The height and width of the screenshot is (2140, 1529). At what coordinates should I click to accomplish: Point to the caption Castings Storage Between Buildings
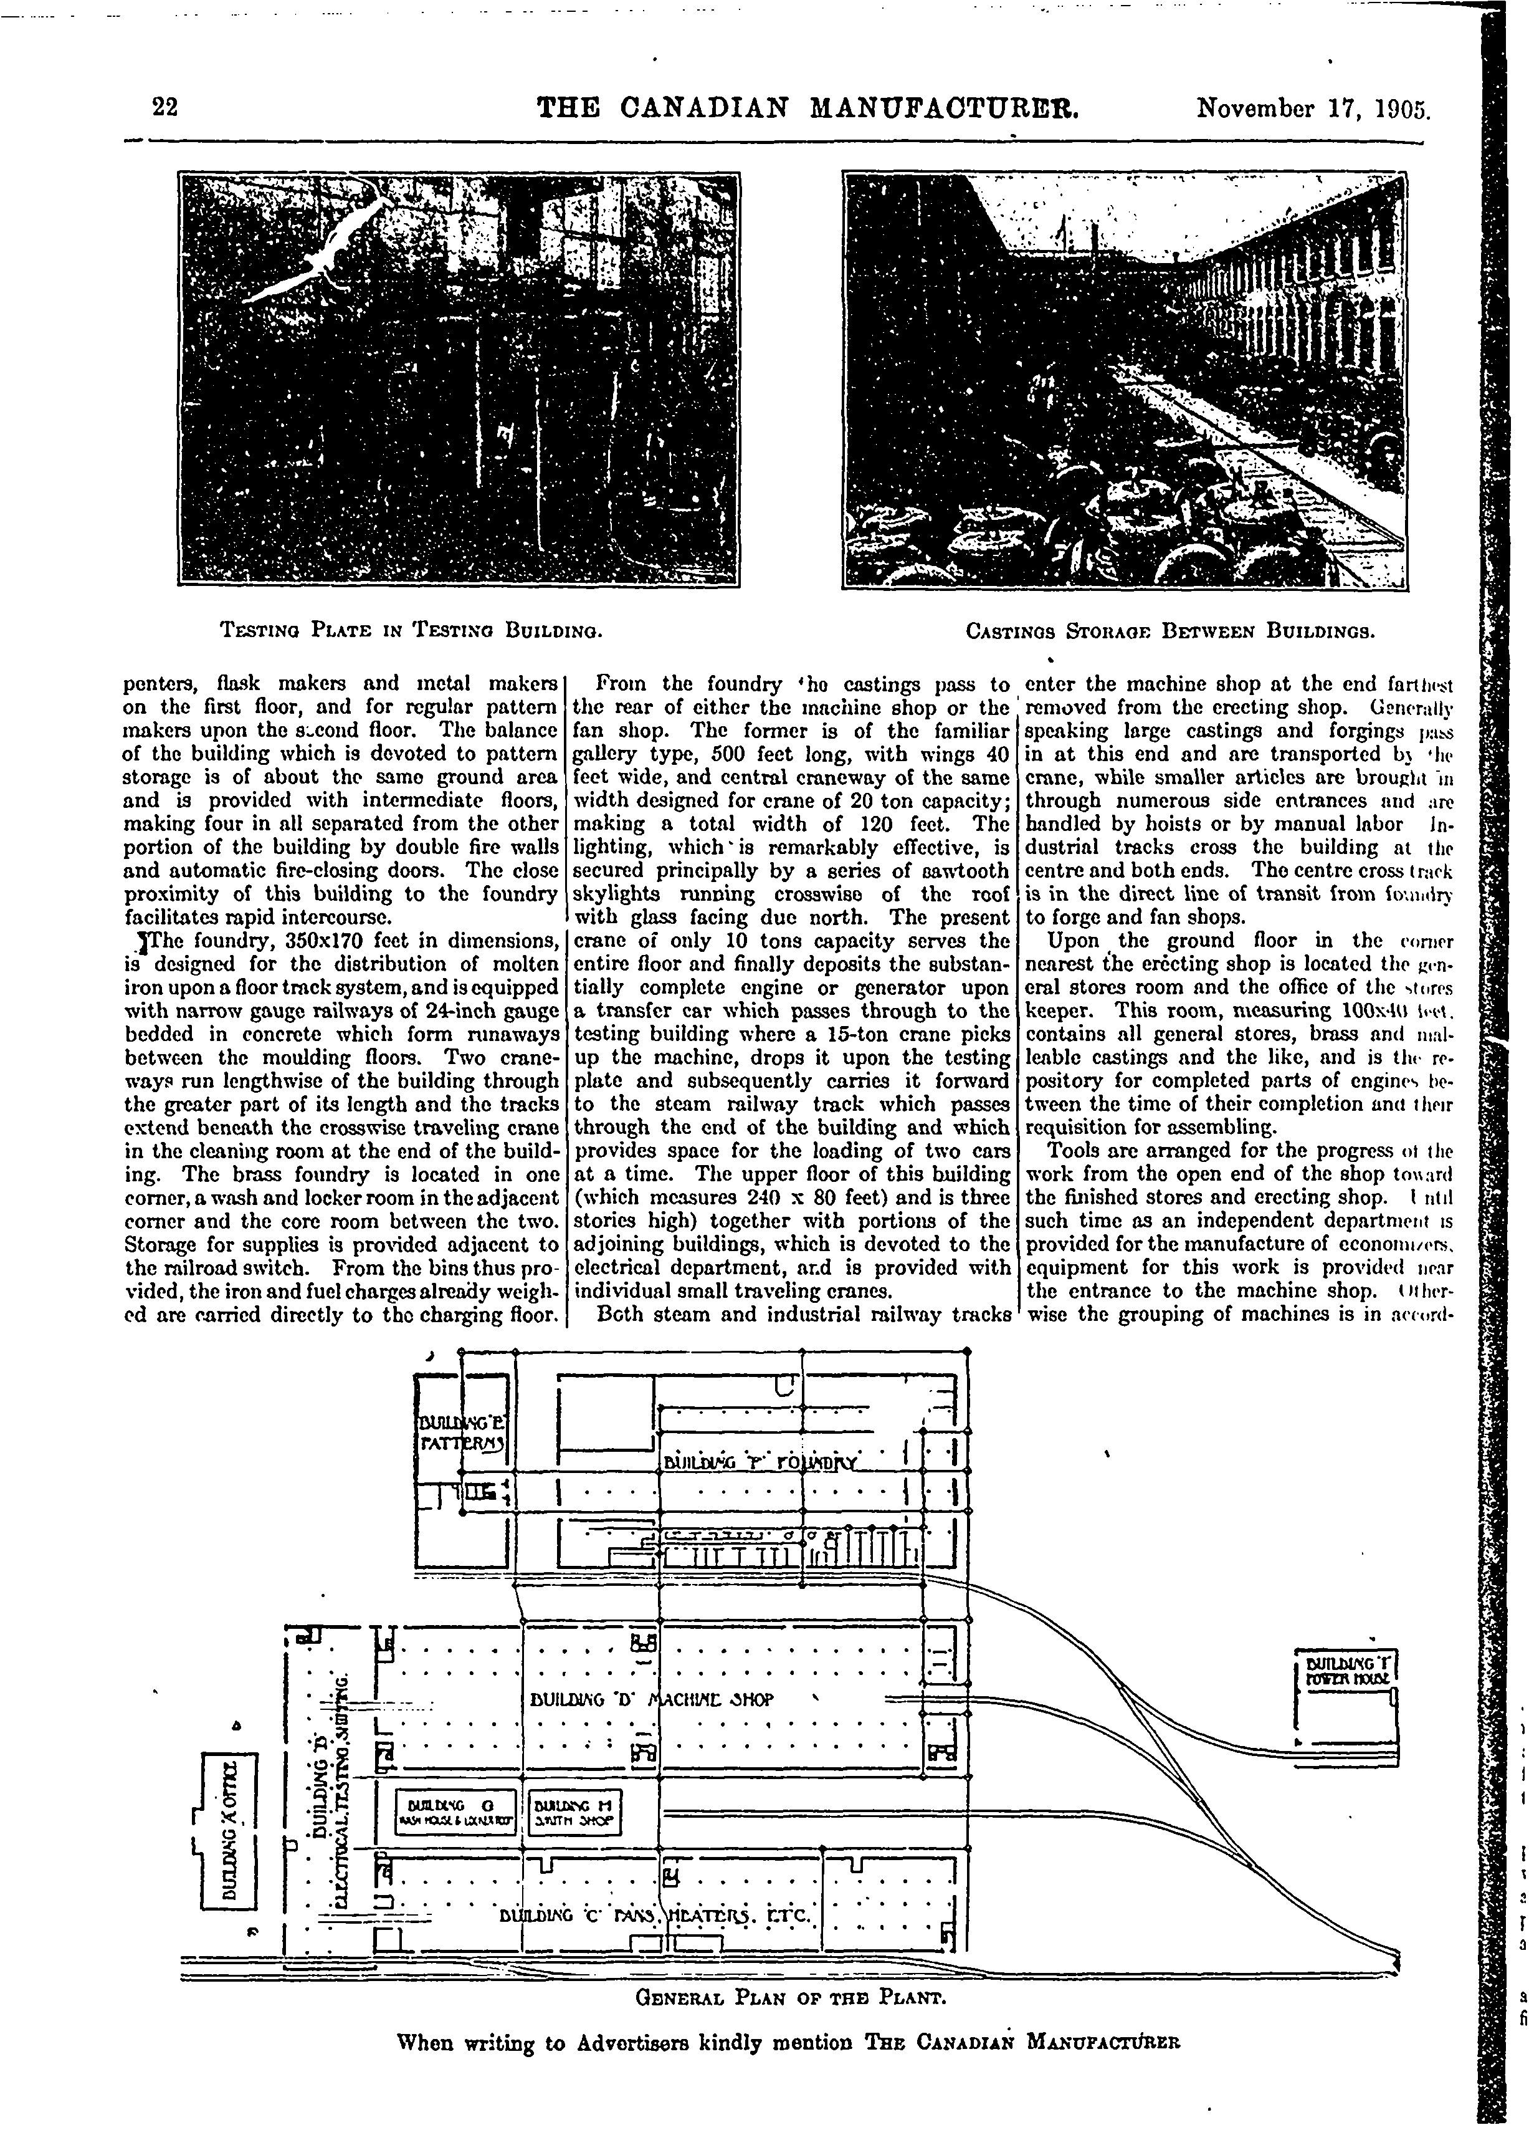pos(1171,628)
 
